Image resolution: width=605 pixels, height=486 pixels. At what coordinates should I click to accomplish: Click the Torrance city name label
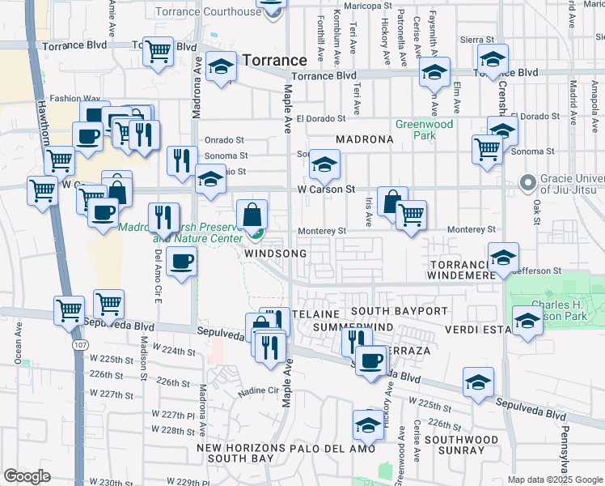[276, 61]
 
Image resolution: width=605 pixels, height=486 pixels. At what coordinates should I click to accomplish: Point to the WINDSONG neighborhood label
[275, 254]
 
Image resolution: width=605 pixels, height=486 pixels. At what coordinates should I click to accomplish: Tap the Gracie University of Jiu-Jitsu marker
[529, 183]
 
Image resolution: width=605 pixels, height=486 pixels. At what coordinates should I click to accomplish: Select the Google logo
[27, 476]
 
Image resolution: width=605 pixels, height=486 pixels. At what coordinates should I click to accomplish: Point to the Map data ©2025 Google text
[555, 480]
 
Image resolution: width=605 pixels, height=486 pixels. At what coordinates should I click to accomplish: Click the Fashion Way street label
[66, 99]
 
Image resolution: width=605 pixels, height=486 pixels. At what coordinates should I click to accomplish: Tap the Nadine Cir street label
[256, 391]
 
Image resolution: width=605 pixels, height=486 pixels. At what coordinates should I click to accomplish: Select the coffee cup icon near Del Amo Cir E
[182, 262]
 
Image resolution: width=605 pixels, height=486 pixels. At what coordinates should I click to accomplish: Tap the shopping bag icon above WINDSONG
[252, 215]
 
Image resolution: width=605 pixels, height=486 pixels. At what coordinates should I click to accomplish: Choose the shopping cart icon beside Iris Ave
[411, 215]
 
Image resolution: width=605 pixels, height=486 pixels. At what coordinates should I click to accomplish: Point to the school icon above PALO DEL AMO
[368, 424]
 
